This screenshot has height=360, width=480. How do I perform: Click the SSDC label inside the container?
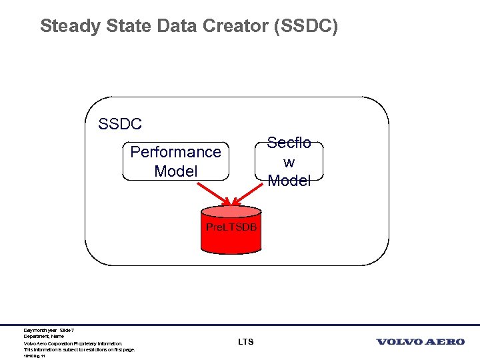coord(120,124)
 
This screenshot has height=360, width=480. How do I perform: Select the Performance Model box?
coord(175,161)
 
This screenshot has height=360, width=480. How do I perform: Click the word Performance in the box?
coord(175,152)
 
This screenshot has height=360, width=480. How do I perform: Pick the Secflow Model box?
coord(289,161)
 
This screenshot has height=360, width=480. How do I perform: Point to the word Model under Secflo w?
coord(289,181)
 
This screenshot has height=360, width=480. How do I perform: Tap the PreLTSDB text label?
coord(231,227)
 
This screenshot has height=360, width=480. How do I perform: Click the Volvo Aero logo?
coord(420,342)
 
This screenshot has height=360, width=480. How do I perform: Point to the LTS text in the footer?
coord(245,342)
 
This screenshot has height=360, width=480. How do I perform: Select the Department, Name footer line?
coord(43,337)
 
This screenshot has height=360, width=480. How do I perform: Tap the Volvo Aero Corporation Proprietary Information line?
coord(73,344)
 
